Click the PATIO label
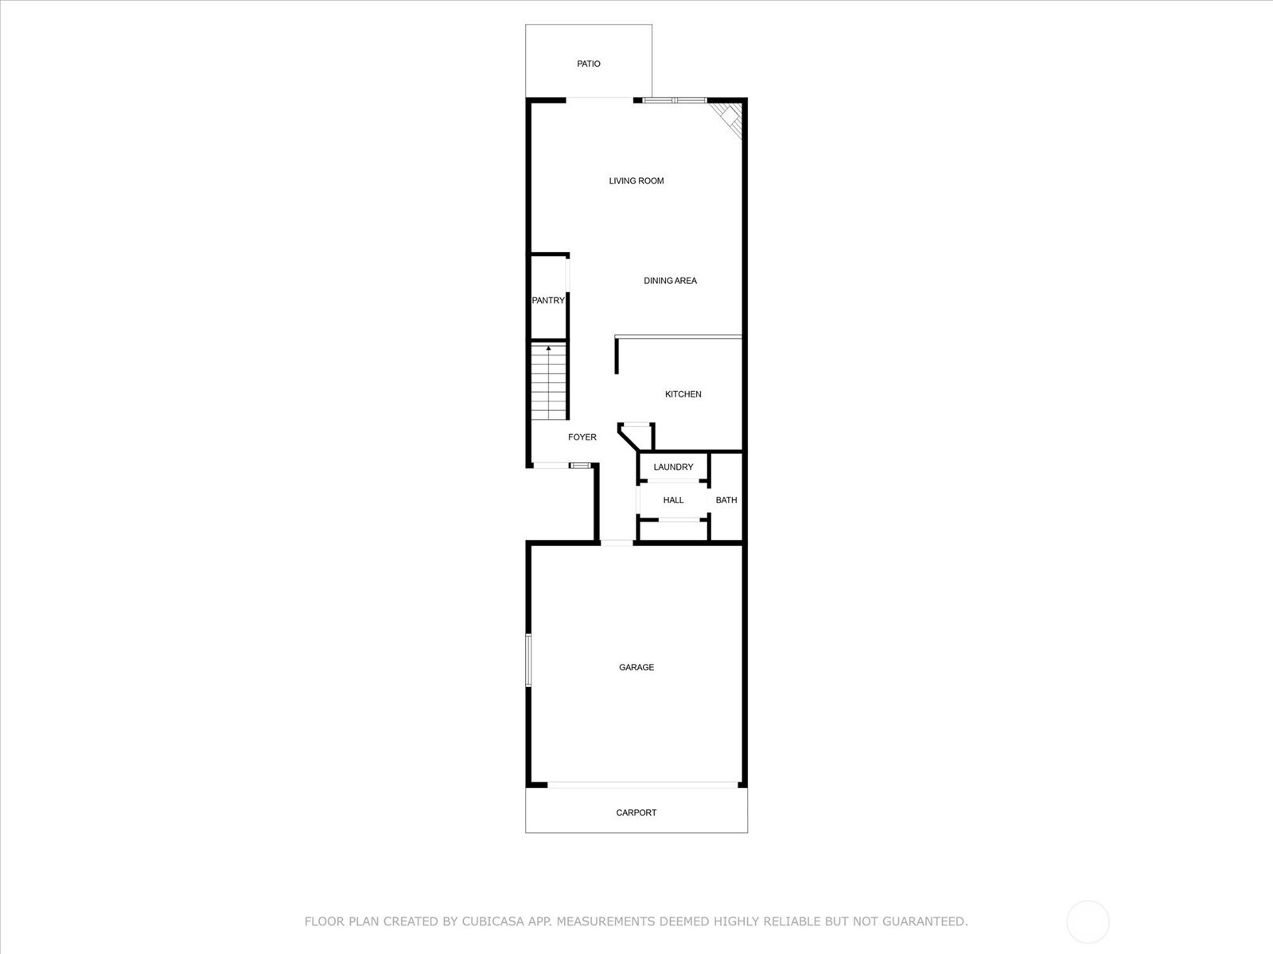click(588, 64)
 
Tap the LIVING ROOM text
click(636, 180)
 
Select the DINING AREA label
click(670, 281)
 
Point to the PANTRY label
click(548, 300)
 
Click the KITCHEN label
click(683, 394)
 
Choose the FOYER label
click(582, 436)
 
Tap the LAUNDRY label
click(673, 467)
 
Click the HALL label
click(673, 500)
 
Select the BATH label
click(726, 500)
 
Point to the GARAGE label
click(636, 667)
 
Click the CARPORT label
click(636, 812)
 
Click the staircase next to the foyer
click(549, 382)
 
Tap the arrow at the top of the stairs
click(549, 349)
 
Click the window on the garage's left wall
click(527, 661)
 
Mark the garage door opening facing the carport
click(643, 785)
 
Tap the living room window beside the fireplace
click(675, 100)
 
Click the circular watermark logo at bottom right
click(1088, 921)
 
